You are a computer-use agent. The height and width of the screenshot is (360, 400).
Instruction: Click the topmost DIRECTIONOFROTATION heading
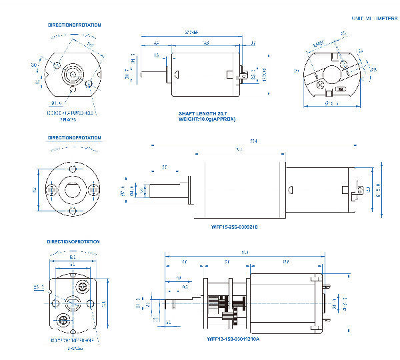(74, 25)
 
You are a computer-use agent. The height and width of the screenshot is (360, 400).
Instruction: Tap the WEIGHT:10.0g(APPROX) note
(207, 119)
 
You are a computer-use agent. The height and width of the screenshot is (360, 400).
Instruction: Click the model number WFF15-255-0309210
(235, 226)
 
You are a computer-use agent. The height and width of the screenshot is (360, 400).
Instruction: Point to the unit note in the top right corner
(373, 19)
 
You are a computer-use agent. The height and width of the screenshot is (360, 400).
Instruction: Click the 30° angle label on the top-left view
(34, 65)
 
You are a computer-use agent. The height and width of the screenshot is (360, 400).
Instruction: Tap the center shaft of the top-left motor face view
(71, 74)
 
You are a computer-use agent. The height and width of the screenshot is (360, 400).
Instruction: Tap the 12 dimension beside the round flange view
(34, 189)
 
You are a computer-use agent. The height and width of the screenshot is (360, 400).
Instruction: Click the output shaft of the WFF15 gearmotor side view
(162, 191)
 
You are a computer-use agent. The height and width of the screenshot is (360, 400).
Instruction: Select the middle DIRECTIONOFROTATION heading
(74, 138)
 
